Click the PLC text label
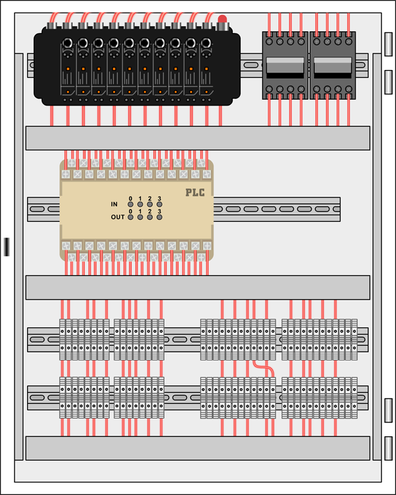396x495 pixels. [x=195, y=192]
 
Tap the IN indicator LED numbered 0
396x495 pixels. [x=130, y=204]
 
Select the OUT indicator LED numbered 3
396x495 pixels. [x=159, y=217]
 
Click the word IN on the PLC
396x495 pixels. [x=114, y=204]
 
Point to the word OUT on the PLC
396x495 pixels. [x=118, y=217]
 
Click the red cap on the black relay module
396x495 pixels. [x=222, y=19]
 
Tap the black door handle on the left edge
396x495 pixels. [x=7, y=247]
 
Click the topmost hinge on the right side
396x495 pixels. [x=389, y=44]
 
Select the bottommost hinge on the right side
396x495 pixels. [x=389, y=448]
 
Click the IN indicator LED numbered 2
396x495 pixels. [x=150, y=204]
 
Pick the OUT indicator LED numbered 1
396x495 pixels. [x=140, y=217]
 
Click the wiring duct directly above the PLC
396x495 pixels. [x=198, y=138]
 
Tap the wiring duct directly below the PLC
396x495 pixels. [x=198, y=287]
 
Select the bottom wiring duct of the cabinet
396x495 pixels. [x=198, y=448]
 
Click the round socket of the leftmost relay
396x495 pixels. [x=67, y=43]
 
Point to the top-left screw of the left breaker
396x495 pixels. [x=270, y=42]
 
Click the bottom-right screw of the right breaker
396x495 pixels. [x=348, y=89]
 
